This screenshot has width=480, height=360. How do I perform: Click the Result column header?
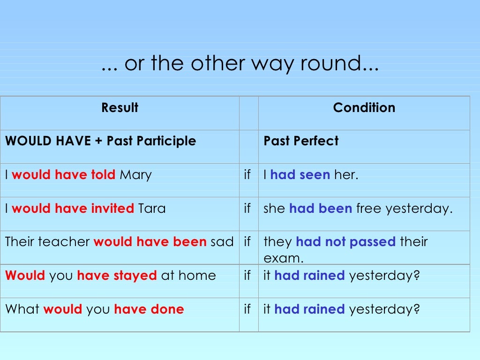pos(120,108)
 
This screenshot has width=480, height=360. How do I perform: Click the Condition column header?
pos(364,108)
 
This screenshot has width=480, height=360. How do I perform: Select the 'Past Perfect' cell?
pos(301,141)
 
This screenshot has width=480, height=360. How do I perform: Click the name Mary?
pos(135,175)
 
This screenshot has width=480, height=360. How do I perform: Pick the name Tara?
pos(152,209)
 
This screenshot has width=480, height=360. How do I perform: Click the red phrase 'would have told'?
pos(63,175)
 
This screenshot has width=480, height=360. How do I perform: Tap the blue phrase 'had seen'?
pos(300,175)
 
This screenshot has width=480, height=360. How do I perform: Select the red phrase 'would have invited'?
pos(73,209)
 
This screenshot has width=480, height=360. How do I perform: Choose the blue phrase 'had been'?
pos(320,209)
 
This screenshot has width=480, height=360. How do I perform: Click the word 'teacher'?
pos(64,242)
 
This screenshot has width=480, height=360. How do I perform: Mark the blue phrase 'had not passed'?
pos(346,242)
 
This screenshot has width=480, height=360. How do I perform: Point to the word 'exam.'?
pos(284,258)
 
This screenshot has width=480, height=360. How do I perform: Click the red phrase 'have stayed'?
pos(116,276)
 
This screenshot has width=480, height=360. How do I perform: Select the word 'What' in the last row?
pos(22,309)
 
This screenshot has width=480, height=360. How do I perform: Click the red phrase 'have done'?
pos(149,309)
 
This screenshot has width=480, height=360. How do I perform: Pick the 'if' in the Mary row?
pos(247,175)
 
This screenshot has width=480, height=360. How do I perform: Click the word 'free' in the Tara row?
pos(369,209)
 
